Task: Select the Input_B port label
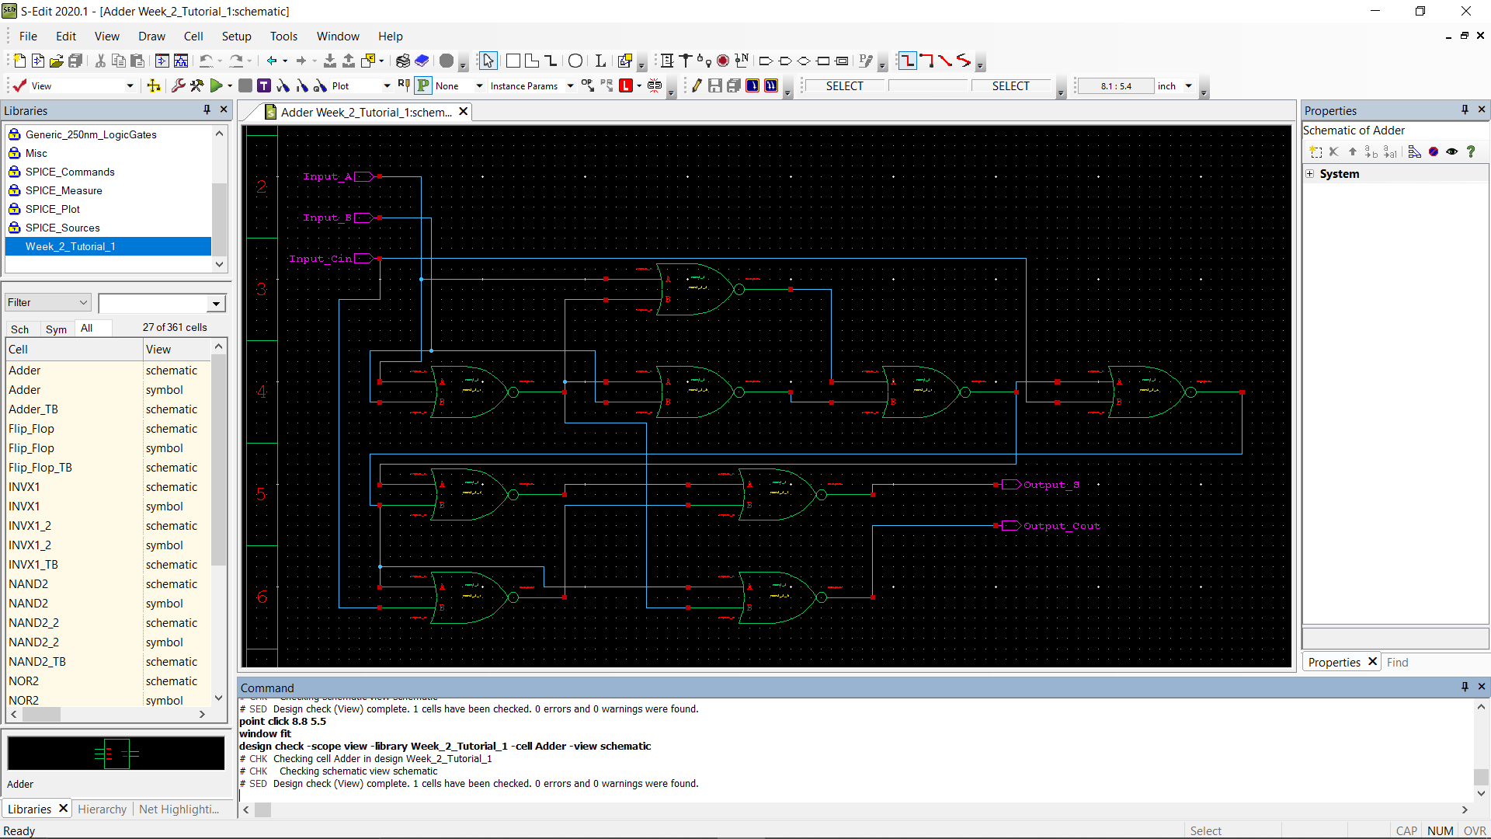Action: (x=327, y=218)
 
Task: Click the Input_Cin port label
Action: (x=320, y=259)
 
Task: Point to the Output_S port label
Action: (x=1051, y=485)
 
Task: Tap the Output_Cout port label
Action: (x=1062, y=526)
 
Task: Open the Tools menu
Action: (x=283, y=37)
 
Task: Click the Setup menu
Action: (x=236, y=37)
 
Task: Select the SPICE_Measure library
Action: (x=64, y=190)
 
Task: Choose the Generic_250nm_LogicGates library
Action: (x=91, y=134)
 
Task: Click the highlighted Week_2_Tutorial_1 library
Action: (x=70, y=246)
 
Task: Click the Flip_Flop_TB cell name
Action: (x=40, y=468)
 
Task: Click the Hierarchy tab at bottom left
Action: (x=102, y=809)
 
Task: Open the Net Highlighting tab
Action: (x=179, y=809)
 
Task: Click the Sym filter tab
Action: (x=56, y=329)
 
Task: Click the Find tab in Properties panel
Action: (x=1397, y=663)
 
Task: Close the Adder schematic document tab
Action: (x=464, y=112)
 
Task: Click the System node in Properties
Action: (x=1339, y=174)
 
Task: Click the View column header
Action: (x=158, y=350)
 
